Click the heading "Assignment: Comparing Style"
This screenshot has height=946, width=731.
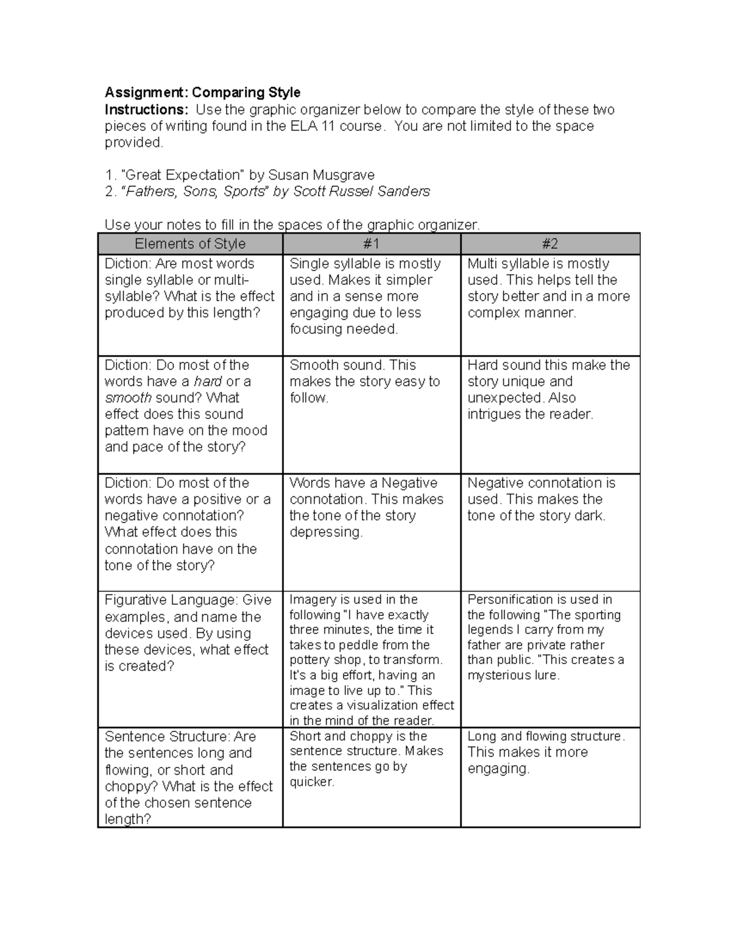(x=202, y=93)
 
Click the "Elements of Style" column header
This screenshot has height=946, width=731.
(x=190, y=244)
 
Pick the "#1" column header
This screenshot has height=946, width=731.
(x=371, y=244)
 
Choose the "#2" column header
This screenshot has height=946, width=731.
(x=549, y=244)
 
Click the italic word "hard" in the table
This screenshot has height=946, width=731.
(x=208, y=382)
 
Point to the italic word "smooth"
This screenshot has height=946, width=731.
(x=128, y=398)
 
